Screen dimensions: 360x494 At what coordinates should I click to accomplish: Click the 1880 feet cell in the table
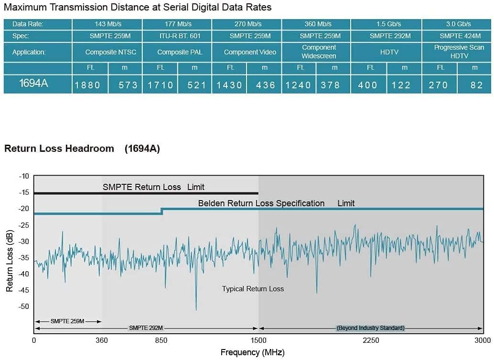(87, 85)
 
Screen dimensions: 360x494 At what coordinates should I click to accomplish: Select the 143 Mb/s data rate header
(107, 24)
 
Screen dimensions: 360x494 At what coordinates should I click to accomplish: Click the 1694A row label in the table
(33, 84)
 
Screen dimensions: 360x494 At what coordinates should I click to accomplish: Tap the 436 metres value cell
(265, 85)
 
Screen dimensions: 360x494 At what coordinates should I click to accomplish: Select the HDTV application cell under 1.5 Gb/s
(389, 52)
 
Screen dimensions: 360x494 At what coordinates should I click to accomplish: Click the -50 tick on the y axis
(23, 306)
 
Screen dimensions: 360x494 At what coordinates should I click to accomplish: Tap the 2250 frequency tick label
(371, 340)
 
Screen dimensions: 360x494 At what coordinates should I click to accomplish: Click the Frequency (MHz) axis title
(252, 353)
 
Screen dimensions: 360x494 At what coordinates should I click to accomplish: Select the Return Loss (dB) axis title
(10, 261)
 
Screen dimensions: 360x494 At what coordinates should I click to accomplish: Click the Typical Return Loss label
(253, 288)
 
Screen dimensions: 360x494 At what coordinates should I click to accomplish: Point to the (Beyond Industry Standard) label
(370, 328)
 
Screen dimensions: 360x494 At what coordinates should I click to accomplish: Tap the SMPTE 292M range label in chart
(146, 328)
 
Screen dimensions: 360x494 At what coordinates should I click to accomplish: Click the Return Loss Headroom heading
(59, 148)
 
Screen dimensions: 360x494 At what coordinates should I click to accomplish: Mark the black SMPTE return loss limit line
(143, 193)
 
